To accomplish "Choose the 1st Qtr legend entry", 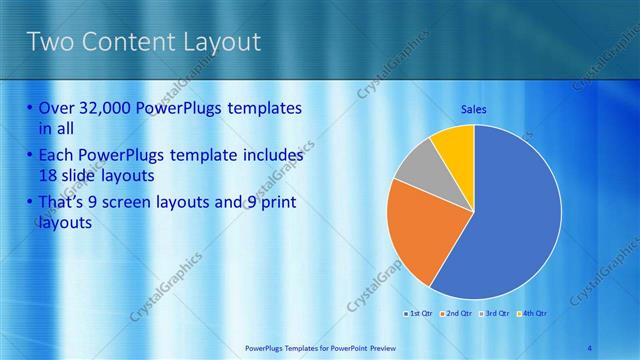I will point(418,314).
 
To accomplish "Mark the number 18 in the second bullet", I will point(49,175).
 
